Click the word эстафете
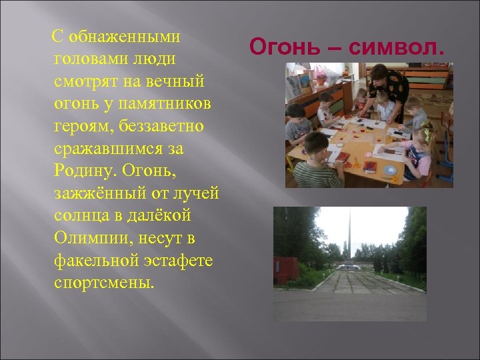pyautogui.click(x=177, y=261)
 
